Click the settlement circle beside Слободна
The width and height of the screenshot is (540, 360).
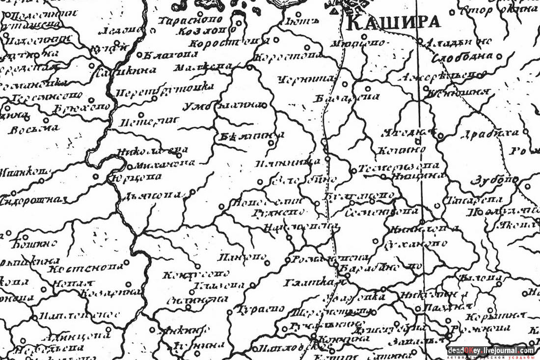[499, 56]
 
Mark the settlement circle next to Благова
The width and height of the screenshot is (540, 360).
[139, 55]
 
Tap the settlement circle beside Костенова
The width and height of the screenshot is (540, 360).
[127, 262]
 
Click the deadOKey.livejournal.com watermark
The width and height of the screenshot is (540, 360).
[490, 350]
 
